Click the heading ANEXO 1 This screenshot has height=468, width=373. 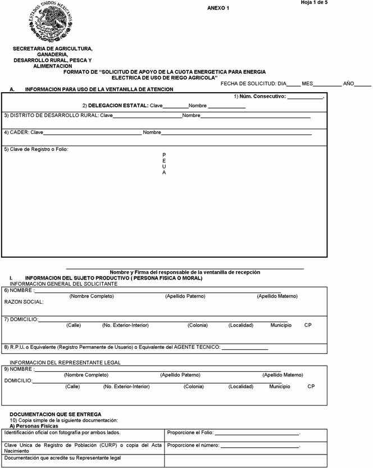pyautogui.click(x=218, y=8)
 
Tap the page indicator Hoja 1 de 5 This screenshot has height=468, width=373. pyautogui.click(x=330, y=3)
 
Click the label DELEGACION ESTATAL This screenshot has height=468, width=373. pyautogui.click(x=118, y=106)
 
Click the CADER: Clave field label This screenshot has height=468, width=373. pyautogui.click(x=24, y=133)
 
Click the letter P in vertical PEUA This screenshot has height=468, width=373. pyautogui.click(x=164, y=155)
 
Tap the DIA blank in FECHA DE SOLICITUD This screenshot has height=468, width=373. pyautogui.click(x=294, y=85)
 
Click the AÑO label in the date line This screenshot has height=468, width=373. pyautogui.click(x=348, y=83)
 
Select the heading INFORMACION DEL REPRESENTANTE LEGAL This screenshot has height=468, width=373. pyautogui.click(x=65, y=363)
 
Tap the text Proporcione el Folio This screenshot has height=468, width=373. pyautogui.click(x=190, y=433)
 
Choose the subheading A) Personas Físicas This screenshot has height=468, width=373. pyautogui.click(x=34, y=426)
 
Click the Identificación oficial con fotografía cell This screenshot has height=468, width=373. pyautogui.click(x=62, y=433)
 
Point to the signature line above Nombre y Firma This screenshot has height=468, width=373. pyautogui.click(x=185, y=268)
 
